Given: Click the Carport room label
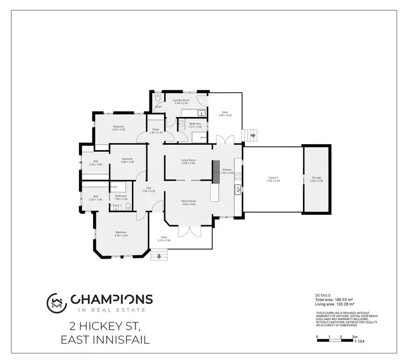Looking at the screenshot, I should [273, 178].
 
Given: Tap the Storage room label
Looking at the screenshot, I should [316, 178].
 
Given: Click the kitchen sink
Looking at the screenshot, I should [238, 189].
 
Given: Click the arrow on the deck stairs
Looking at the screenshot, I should [252, 136].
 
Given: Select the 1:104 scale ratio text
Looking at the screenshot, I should [360, 342].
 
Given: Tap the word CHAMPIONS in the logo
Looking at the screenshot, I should [112, 300].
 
